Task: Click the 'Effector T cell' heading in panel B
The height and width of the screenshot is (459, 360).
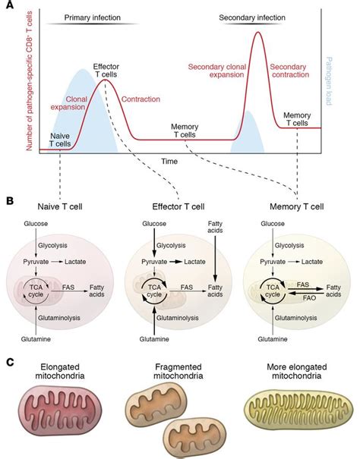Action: [178, 206]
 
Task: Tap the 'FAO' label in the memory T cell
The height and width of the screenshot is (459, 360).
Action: [302, 299]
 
